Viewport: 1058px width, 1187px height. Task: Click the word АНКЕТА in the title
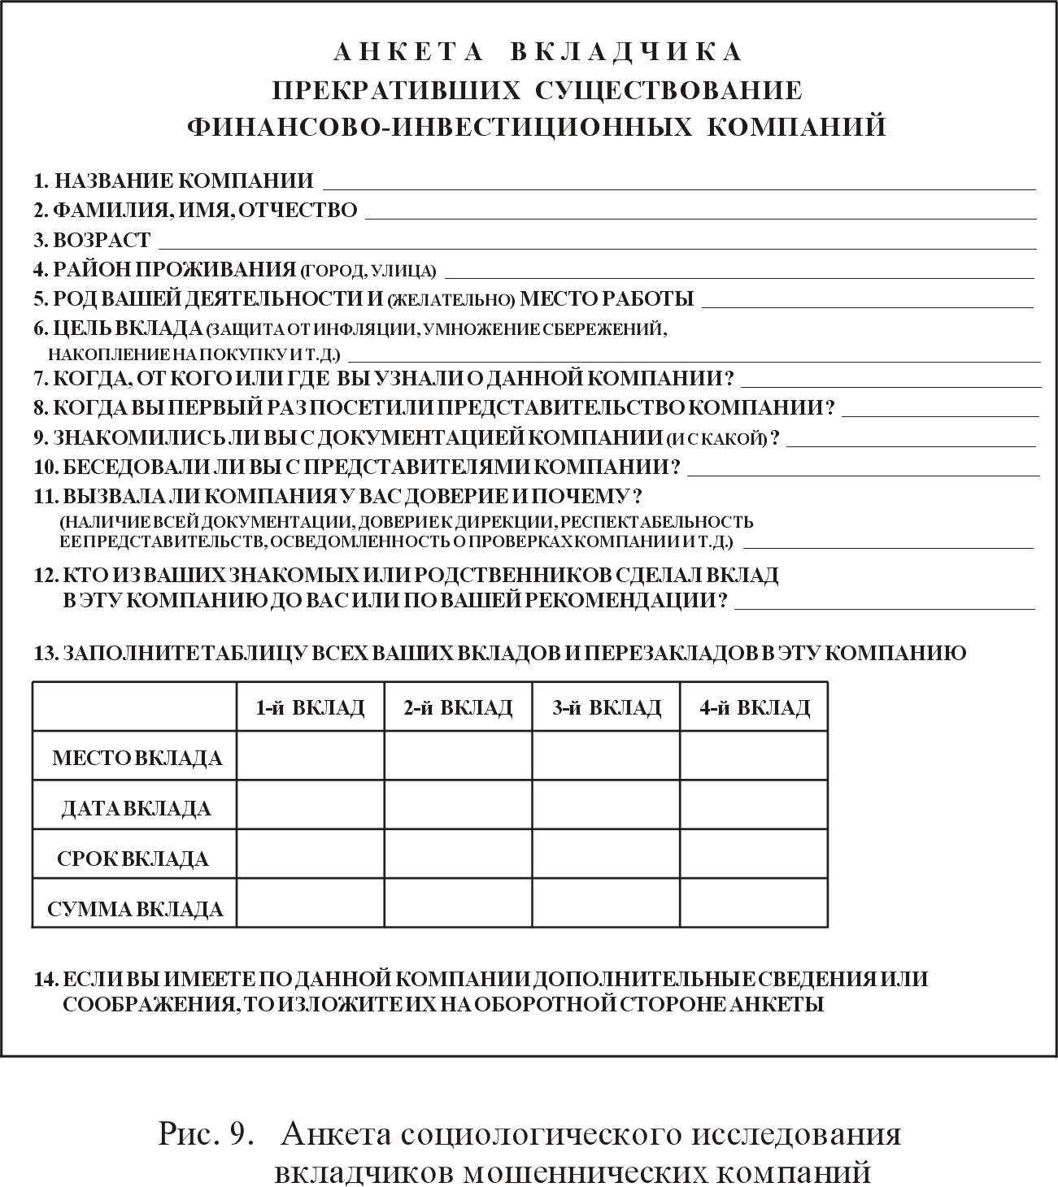[409, 52]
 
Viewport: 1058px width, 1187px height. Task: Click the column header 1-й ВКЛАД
[310, 707]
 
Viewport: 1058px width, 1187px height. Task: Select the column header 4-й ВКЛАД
[754, 707]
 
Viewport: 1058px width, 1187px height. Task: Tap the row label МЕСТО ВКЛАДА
[137, 759]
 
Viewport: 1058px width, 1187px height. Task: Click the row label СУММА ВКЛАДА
[135, 909]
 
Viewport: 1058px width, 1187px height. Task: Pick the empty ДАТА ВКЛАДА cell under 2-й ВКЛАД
[458, 806]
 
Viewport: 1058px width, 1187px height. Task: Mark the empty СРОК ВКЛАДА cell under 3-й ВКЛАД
[606, 854]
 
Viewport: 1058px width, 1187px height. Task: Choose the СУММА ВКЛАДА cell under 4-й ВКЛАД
[754, 902]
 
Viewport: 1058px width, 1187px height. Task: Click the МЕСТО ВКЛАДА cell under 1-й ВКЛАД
[310, 756]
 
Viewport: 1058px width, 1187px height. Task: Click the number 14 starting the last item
[45, 979]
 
